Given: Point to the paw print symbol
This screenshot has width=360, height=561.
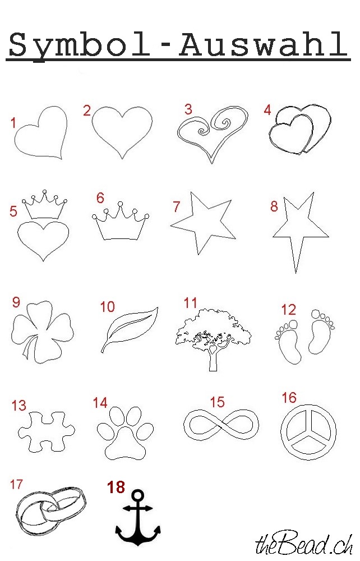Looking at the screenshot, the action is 125,445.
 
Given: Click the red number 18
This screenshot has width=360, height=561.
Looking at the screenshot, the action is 116,488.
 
